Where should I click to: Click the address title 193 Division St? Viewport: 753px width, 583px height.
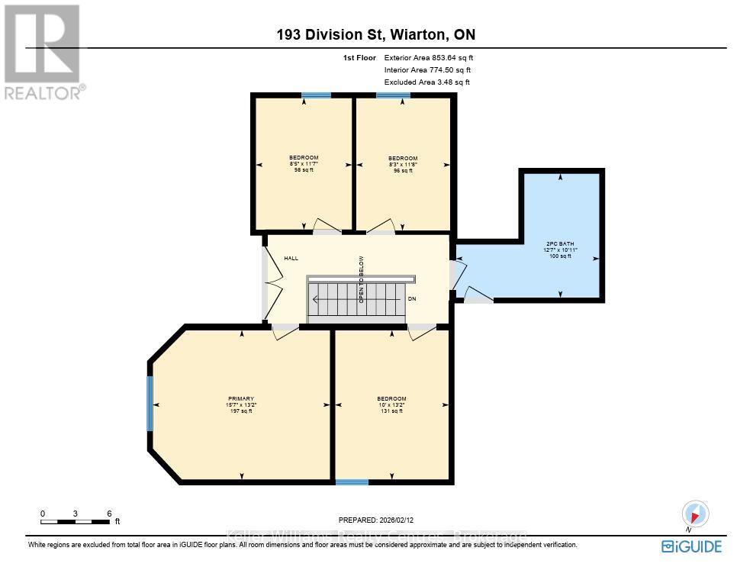coord(376,34)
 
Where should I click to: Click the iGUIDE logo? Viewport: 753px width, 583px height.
coord(691,546)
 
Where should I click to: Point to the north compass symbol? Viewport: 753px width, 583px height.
coord(695,514)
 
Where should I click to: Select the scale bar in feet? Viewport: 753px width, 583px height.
coord(76,521)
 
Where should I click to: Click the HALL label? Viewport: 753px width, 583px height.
coord(291,259)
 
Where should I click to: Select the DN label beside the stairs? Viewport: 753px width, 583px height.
coord(412,299)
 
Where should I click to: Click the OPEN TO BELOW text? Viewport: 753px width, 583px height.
coord(362,279)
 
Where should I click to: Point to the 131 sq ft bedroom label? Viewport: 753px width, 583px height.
coord(391,404)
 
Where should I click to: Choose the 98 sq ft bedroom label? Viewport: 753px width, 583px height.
coord(304,163)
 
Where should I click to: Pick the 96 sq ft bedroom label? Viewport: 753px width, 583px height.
coord(403,164)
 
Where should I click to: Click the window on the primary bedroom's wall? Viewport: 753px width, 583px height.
coord(150,403)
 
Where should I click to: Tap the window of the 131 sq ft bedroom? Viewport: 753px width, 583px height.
coord(352,482)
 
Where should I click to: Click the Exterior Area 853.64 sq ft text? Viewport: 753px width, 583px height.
coord(433,57)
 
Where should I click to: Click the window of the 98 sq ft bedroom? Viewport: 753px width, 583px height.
coord(316,95)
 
